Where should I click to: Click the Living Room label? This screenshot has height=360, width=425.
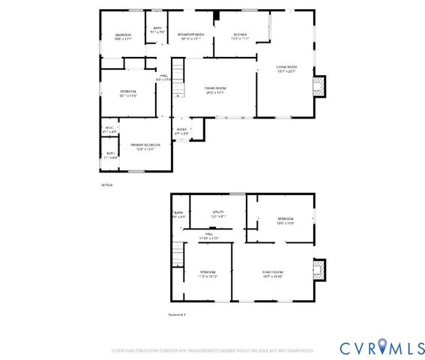(x=286, y=69)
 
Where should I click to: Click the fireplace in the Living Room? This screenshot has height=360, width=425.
(x=320, y=86)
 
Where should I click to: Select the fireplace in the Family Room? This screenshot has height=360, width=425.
(x=320, y=269)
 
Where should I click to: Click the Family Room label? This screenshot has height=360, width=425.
(x=272, y=273)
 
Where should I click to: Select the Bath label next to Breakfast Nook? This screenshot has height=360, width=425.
(x=157, y=30)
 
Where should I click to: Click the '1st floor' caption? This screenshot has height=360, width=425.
(x=106, y=184)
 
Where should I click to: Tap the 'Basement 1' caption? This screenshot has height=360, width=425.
(x=177, y=314)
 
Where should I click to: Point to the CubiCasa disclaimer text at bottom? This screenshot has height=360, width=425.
(x=213, y=350)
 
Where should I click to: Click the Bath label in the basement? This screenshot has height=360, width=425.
(x=178, y=214)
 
